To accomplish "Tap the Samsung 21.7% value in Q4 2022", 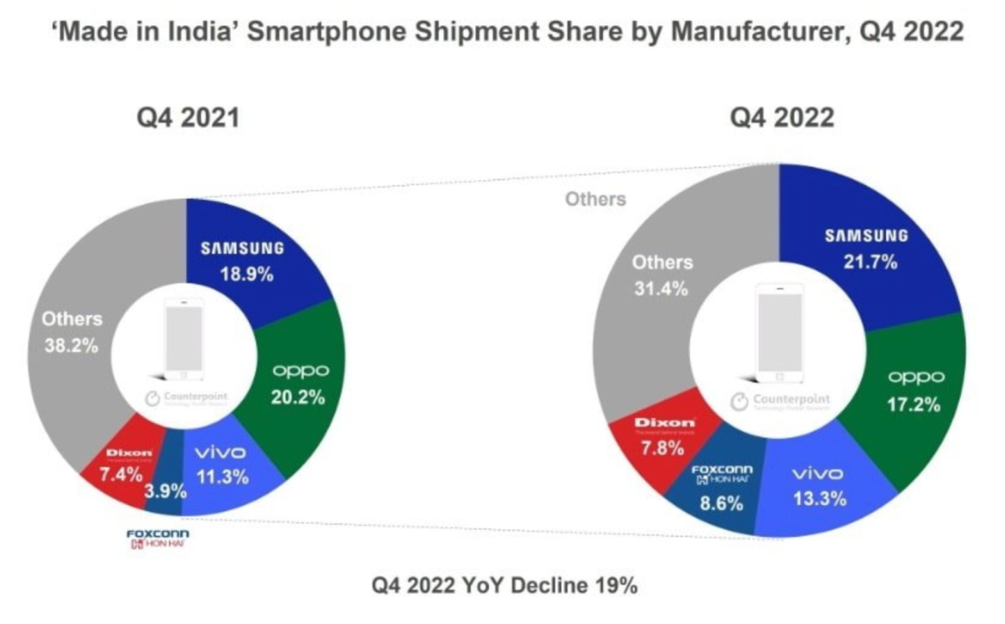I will [866, 262].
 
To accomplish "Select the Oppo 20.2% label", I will [297, 397].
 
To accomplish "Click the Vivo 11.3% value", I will [221, 478].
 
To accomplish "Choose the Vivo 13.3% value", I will [818, 499].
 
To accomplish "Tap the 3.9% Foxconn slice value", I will [165, 492].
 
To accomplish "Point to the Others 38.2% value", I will [72, 344].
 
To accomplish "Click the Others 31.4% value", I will [661, 289].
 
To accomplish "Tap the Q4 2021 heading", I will [188, 118].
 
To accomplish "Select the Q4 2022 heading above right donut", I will [782, 118].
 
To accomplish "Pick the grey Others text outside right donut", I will [595, 199].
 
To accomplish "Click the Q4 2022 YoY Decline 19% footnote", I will [505, 586].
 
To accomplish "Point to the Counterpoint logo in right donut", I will [781, 400].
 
